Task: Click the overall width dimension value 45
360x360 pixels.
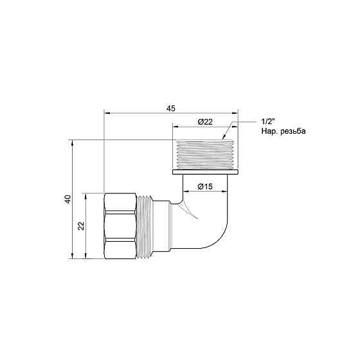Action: [171, 109]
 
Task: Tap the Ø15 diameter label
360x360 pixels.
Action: [205, 186]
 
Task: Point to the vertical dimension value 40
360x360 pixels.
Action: [67, 200]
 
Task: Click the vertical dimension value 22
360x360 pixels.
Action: [81, 226]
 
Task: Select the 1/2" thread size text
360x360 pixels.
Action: [268, 122]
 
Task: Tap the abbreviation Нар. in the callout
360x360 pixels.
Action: [269, 131]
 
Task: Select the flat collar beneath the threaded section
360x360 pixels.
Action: [206, 172]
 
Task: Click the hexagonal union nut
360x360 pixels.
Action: [120, 226]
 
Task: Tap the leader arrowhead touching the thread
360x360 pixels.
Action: [224, 137]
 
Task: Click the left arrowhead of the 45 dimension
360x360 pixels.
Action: [107, 114]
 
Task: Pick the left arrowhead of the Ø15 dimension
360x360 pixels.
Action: [184, 192]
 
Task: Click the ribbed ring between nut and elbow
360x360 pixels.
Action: [147, 226]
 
